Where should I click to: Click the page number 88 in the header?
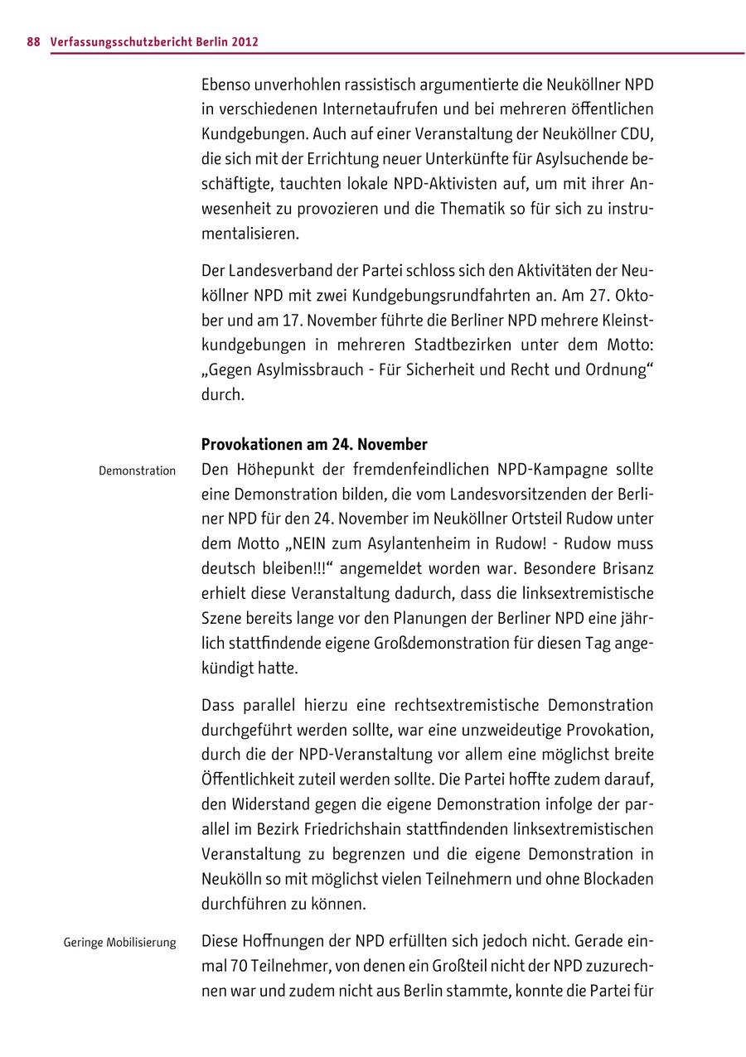point(33,41)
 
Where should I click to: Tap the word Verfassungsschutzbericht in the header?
point(121,41)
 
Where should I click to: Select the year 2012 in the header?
point(245,41)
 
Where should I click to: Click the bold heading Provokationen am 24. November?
point(314,444)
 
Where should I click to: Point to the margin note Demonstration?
point(137,471)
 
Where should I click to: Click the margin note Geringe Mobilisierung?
point(119,942)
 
